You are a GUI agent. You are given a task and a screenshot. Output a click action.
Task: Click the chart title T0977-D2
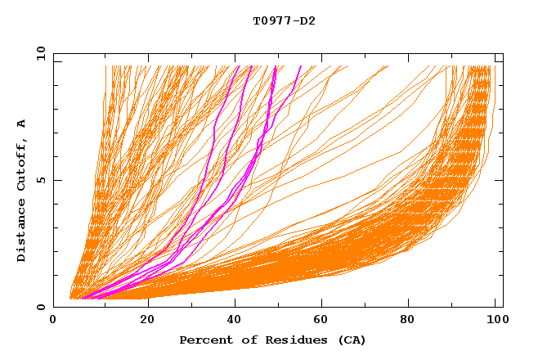pos(284,21)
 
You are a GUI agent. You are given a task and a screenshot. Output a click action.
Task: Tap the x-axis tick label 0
pos(54,320)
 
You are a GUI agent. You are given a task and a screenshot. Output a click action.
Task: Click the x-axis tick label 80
pos(410,320)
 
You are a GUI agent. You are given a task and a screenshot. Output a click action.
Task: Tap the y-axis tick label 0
pos(41,308)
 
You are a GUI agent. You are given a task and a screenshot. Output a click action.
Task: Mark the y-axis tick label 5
pos(41,180)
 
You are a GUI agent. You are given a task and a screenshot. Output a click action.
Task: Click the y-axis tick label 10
pos(38,53)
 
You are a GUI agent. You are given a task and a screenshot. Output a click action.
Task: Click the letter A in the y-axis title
pos(22,123)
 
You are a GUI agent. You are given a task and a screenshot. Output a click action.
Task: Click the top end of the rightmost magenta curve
pos(301,66)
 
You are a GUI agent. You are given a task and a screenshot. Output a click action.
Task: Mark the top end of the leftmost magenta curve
pos(237,66)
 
